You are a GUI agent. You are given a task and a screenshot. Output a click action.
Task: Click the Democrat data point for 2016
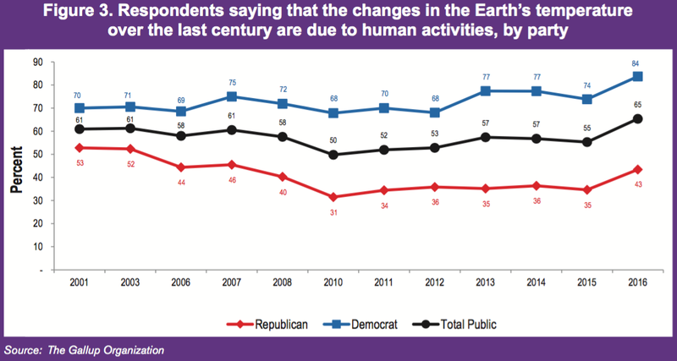(637, 76)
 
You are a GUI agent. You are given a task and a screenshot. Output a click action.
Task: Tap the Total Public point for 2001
(80, 129)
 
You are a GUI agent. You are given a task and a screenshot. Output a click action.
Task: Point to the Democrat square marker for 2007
(232, 96)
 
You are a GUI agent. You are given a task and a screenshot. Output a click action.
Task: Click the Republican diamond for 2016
(637, 170)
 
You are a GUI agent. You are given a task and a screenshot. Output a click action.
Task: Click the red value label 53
(80, 161)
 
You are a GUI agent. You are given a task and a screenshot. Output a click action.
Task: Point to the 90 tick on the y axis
(37, 62)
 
